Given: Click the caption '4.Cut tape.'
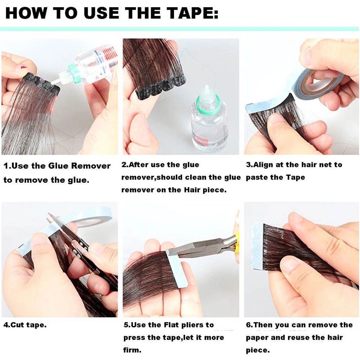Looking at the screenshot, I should coord(25,325).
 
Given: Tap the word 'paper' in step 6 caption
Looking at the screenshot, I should coord(258,338).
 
